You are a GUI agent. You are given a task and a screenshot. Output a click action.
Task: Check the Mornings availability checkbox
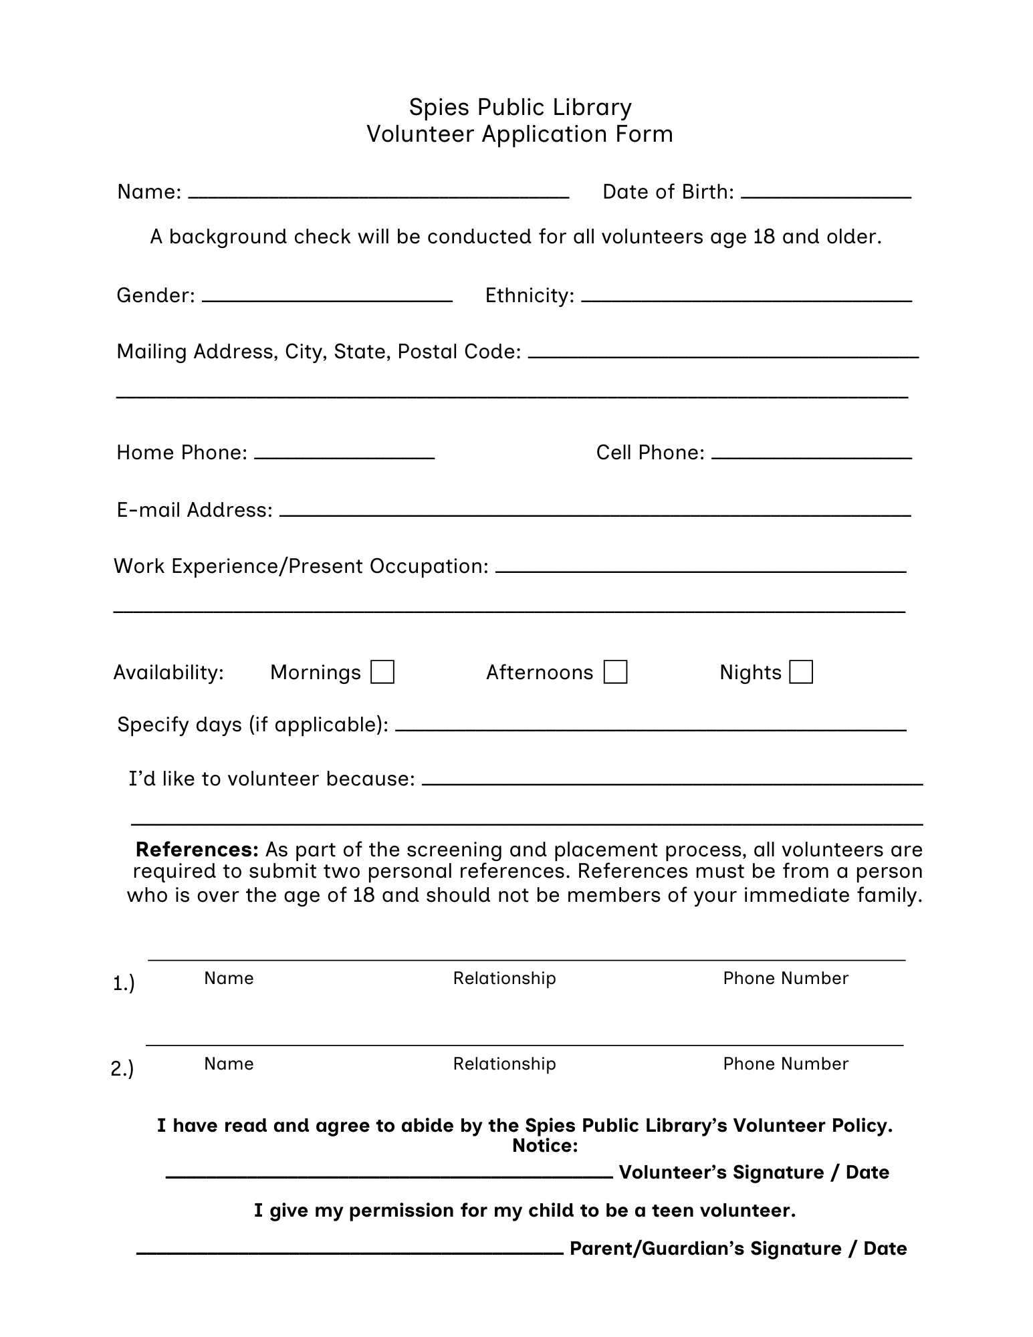382,672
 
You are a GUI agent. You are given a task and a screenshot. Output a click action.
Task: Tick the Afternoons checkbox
615,672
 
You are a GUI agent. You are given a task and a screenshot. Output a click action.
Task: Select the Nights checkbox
801,672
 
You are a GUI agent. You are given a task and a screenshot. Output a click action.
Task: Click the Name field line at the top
378,195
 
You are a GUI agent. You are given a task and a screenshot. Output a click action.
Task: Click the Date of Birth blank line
826,195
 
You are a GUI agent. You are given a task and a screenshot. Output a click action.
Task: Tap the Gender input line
327,299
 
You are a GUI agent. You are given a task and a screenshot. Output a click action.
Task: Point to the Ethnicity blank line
746,299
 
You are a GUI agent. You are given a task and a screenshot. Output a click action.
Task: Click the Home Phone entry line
344,456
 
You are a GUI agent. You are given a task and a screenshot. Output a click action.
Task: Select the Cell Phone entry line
812,456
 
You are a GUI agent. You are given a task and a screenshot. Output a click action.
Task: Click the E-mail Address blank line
595,513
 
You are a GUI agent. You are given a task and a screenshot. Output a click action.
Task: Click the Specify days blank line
651,728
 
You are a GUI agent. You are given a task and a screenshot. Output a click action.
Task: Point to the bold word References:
197,850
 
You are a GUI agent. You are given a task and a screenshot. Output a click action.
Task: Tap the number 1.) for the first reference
124,983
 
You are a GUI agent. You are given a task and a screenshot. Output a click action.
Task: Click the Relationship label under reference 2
504,1064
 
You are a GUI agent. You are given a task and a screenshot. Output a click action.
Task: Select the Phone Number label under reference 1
786,978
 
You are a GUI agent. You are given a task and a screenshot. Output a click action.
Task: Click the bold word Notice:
545,1146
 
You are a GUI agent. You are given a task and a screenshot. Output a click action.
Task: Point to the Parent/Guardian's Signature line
350,1252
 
